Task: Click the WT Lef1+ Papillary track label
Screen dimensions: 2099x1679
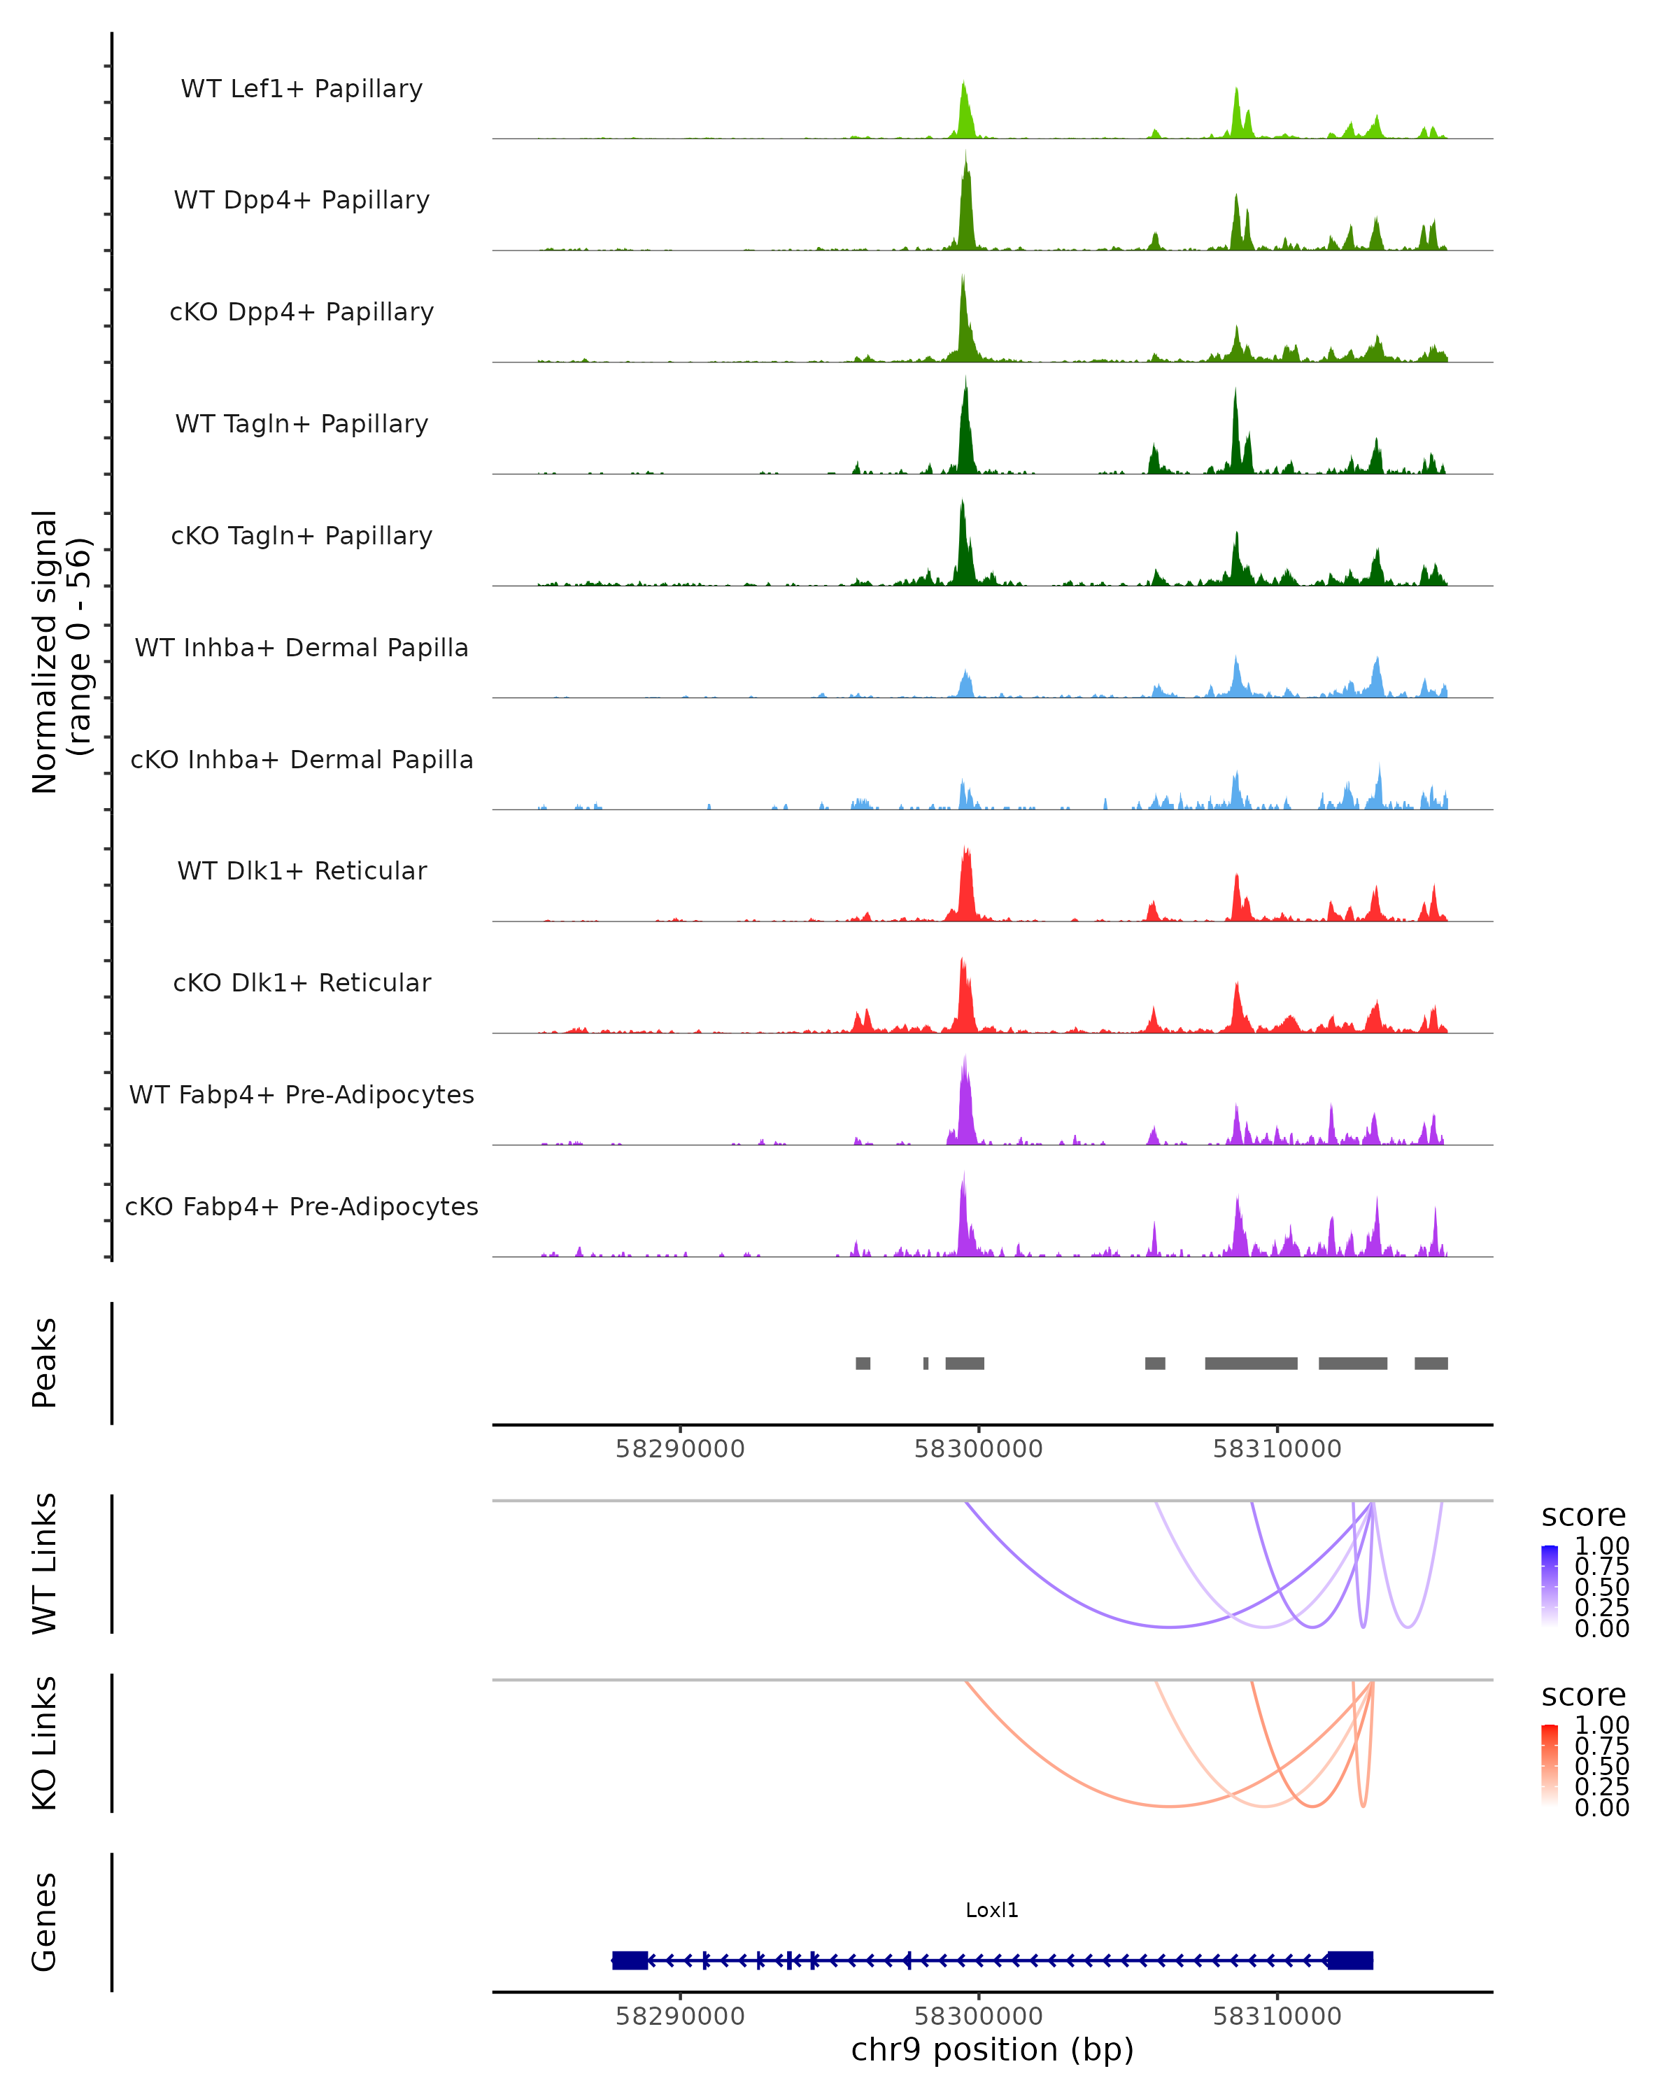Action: point(302,89)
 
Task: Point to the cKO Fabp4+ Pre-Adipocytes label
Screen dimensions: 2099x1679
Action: point(302,1206)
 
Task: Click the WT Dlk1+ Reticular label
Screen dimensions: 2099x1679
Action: point(302,870)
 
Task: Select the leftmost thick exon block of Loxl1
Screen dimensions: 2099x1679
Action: point(630,1960)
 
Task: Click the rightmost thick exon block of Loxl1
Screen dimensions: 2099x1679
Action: point(1350,1960)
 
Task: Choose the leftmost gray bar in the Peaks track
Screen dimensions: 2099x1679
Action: point(863,1363)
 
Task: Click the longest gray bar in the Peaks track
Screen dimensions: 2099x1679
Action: point(1251,1363)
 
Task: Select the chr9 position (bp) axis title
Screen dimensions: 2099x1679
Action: point(992,2050)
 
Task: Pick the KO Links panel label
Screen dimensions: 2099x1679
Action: point(45,1743)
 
